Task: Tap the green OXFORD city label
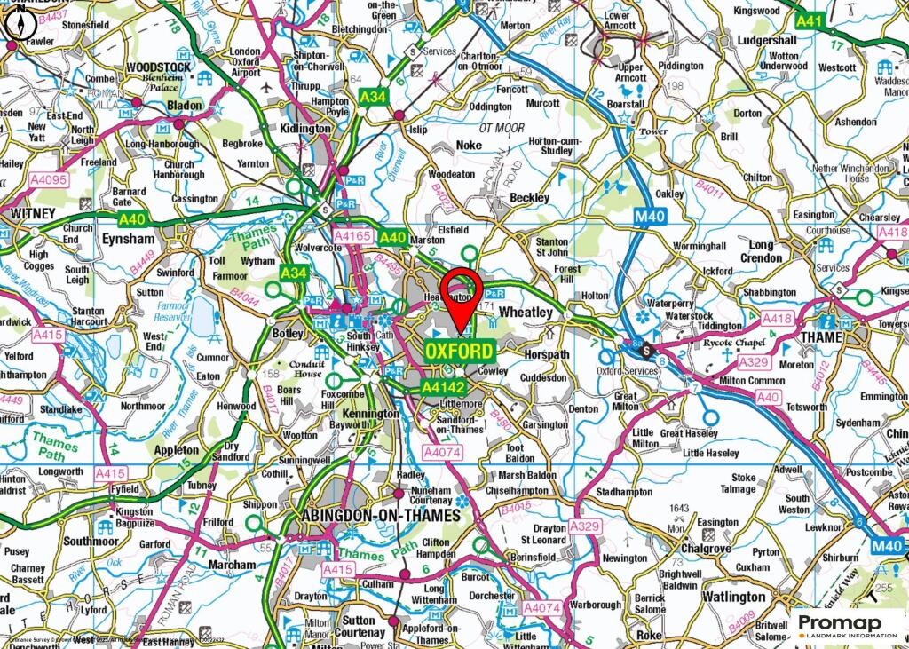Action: [x=459, y=352]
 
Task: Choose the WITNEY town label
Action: [x=33, y=214]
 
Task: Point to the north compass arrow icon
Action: [x=18, y=25]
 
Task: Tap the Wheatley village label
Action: [x=525, y=313]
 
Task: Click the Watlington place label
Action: [x=733, y=597]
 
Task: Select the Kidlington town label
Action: [x=304, y=129]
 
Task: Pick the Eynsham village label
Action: [x=128, y=239]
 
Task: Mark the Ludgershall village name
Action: [x=766, y=41]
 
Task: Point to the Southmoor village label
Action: [x=91, y=540]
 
